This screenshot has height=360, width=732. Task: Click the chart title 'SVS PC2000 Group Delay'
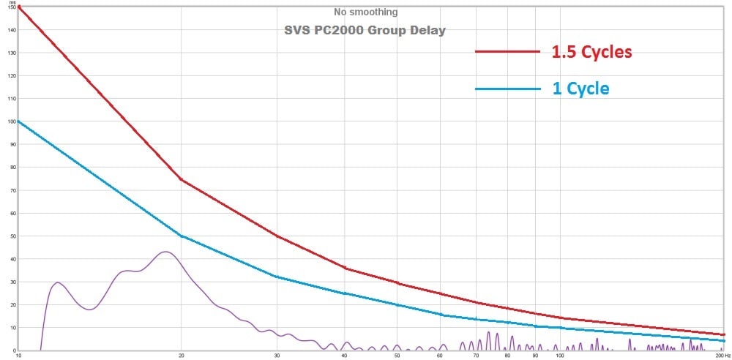[x=364, y=31]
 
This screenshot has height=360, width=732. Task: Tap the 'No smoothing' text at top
[x=365, y=12]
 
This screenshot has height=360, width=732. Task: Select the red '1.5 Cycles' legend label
[x=591, y=52]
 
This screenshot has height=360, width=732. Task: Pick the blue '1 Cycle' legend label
[x=580, y=89]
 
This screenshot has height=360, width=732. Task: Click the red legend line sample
[x=507, y=52]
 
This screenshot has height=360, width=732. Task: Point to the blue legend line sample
[x=507, y=89]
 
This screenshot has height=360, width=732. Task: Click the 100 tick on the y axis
[x=11, y=121]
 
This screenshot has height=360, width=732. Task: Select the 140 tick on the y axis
[x=11, y=30]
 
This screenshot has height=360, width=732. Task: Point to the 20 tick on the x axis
[x=181, y=356]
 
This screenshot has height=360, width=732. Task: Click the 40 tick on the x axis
[x=344, y=356]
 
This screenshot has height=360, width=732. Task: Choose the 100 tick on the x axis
[x=559, y=356]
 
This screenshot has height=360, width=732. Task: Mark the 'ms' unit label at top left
[x=12, y=4]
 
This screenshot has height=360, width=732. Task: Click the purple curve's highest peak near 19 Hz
[x=165, y=252]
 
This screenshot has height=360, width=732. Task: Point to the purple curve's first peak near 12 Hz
[x=58, y=282]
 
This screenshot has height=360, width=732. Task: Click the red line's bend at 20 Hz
[x=181, y=179]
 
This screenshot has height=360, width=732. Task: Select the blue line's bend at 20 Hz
[x=181, y=236]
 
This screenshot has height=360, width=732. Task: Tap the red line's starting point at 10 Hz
[x=18, y=7]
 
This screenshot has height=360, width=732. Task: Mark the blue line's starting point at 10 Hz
[x=18, y=121]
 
